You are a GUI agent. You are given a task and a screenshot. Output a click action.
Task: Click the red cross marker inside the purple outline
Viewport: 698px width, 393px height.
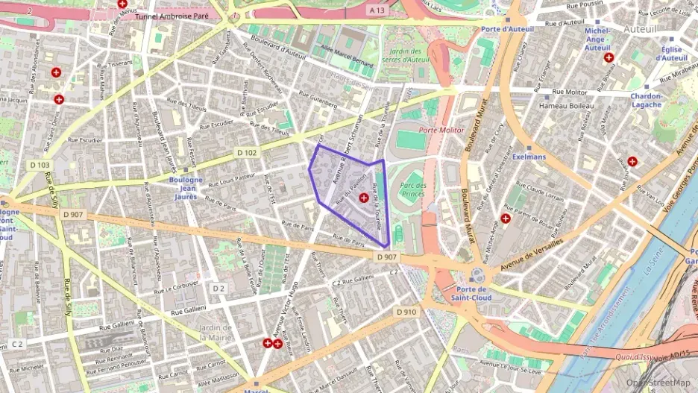click(x=363, y=197)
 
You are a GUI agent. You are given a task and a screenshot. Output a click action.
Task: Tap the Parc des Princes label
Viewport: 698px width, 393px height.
click(x=412, y=190)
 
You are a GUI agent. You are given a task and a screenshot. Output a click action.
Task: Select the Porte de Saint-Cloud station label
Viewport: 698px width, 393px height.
click(x=471, y=294)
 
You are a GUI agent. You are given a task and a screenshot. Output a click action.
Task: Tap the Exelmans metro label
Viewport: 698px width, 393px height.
click(x=529, y=157)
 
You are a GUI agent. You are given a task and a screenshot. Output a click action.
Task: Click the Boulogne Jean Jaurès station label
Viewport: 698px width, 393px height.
click(x=186, y=184)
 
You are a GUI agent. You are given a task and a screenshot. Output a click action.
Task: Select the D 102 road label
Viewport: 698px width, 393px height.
click(x=248, y=152)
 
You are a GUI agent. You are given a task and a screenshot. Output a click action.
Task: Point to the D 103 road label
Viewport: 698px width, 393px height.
click(x=40, y=164)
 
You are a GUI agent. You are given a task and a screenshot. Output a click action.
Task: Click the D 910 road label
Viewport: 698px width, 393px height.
click(x=406, y=312)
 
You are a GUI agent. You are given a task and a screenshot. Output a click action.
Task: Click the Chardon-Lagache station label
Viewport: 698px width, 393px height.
click(x=646, y=100)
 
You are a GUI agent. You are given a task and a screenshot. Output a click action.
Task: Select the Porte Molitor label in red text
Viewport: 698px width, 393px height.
click(x=441, y=130)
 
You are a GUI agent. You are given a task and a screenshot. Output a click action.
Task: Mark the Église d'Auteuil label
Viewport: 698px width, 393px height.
click(x=673, y=53)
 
